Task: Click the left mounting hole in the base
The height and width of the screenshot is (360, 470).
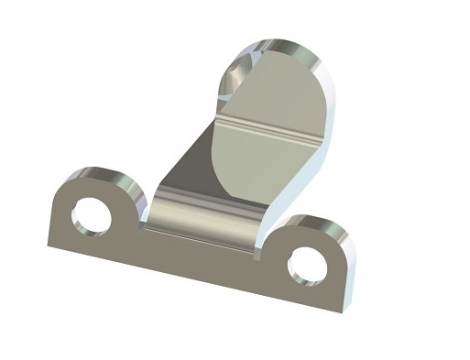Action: click(x=91, y=216)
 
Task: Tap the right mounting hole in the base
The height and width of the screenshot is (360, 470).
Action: click(x=305, y=265)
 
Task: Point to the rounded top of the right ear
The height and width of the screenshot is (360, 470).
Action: click(x=316, y=223)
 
